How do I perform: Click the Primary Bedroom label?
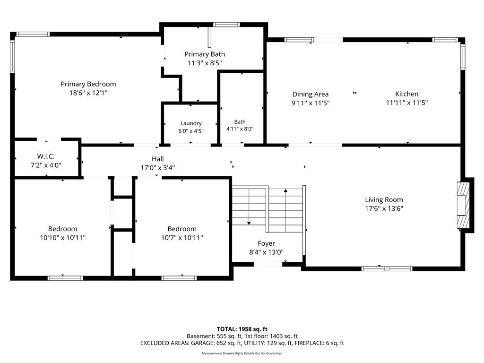click(88, 84)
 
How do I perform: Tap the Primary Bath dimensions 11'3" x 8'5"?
click(205, 63)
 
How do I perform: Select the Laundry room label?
click(191, 123)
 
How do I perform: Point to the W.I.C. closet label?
click(46, 156)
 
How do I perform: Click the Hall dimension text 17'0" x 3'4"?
click(158, 168)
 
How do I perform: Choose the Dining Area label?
click(311, 94)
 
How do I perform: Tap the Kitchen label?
click(407, 94)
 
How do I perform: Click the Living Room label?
click(384, 200)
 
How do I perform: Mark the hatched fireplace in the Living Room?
click(463, 205)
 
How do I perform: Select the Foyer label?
click(267, 243)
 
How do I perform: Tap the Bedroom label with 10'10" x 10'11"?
click(63, 229)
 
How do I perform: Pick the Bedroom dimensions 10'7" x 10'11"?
click(182, 238)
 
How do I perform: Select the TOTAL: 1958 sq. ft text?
click(242, 329)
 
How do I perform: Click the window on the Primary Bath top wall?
click(226, 25)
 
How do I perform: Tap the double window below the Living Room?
click(387, 269)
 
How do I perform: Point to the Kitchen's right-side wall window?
click(463, 57)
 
